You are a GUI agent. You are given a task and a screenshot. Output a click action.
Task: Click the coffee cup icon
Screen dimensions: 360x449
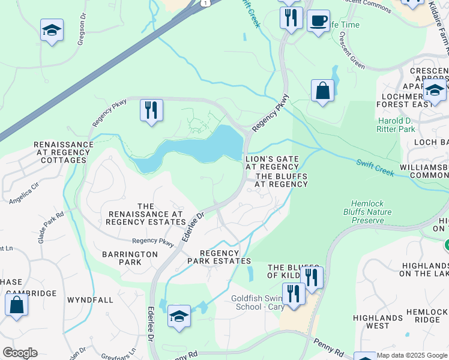tap(318, 20)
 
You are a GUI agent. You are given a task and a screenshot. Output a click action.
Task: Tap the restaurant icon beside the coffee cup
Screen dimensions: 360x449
tap(291, 18)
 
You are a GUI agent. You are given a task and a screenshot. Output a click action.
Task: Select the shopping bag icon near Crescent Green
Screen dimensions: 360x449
tap(322, 92)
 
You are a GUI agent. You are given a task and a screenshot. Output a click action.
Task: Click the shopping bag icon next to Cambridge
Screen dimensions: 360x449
tap(16, 304)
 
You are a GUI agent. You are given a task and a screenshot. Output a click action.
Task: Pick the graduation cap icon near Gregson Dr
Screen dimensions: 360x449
tap(52, 31)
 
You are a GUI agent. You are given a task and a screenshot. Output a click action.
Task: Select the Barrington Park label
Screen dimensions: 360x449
tap(130, 258)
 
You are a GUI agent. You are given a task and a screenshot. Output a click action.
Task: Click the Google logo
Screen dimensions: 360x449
tap(20, 353)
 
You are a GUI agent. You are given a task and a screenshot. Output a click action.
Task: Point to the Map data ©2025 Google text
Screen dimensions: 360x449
tap(412, 355)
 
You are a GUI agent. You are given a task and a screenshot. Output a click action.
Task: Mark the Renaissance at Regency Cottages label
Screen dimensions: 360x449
tap(64, 152)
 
